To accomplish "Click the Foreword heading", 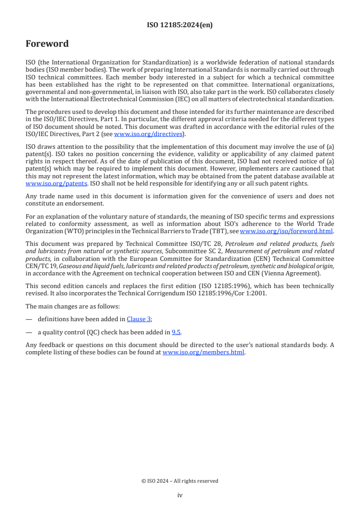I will point(47,44).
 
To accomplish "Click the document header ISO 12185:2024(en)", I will point(180,25).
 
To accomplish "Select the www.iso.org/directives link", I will point(148,134).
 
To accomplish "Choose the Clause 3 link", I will point(138,319).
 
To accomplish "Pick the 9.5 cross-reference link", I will point(176,332).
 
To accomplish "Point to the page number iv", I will point(180,495).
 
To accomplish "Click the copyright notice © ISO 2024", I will point(180,481).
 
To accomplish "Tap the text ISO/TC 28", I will point(202,244).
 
